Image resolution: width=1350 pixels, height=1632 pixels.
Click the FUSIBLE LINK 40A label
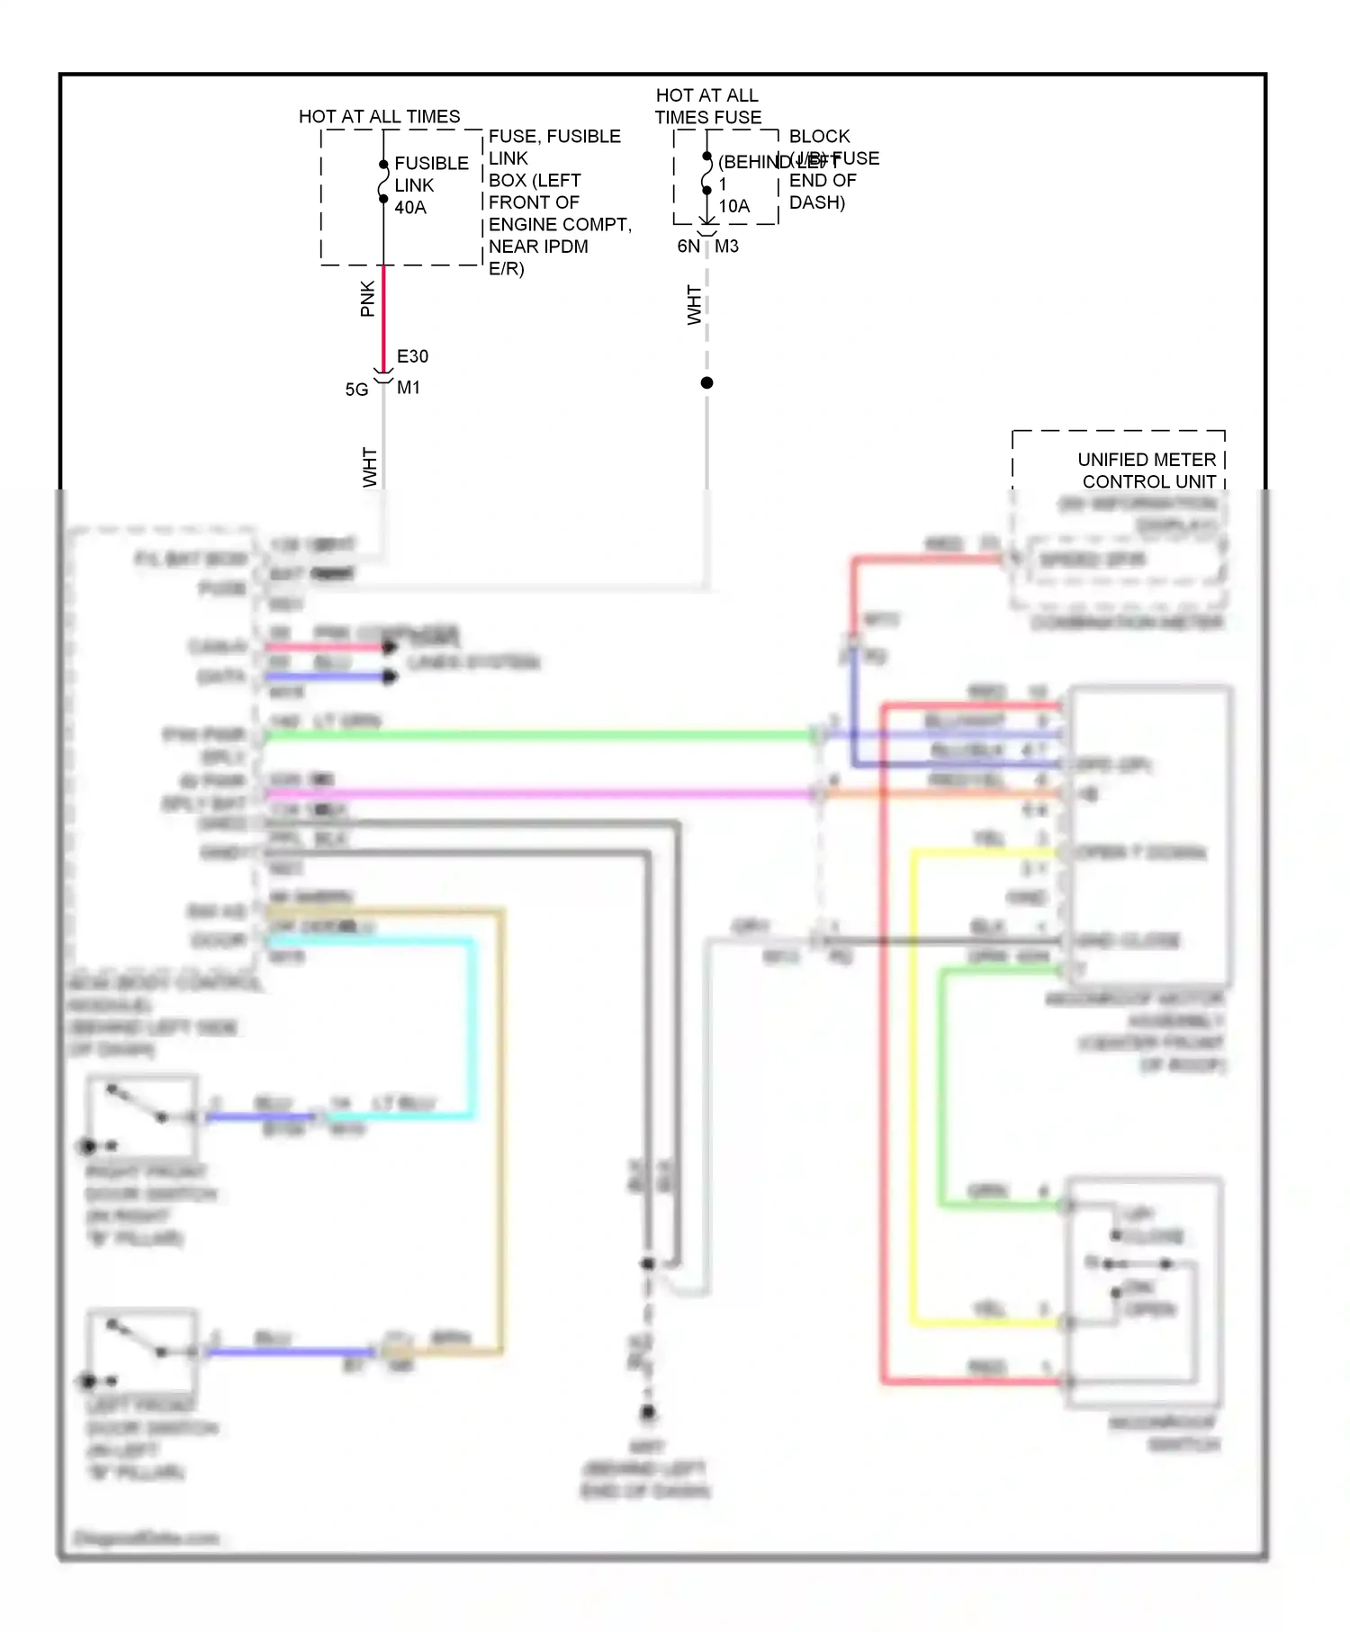pyautogui.click(x=430, y=185)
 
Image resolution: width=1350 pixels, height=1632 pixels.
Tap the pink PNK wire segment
pyautogui.click(x=383, y=315)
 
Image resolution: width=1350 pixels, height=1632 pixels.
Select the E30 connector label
pyautogui.click(x=412, y=356)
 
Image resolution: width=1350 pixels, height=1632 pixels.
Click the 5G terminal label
pyautogui.click(x=356, y=390)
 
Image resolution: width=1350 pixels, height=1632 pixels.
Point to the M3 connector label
pyautogui.click(x=726, y=247)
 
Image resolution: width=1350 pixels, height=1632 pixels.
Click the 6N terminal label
pyautogui.click(x=688, y=247)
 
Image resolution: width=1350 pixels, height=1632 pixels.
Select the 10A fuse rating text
pyautogui.click(x=733, y=206)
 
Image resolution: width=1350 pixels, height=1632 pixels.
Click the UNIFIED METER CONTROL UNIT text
pyautogui.click(x=1147, y=471)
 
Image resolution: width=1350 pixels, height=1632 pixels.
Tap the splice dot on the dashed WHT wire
pyautogui.click(x=706, y=383)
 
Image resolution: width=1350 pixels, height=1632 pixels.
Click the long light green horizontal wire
pyautogui.click(x=540, y=735)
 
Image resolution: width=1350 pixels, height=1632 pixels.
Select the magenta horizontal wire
pyautogui.click(x=540, y=794)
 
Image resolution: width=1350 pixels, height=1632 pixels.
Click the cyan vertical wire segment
pyautogui.click(x=472, y=1026)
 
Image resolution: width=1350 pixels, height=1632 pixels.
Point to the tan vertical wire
pyautogui.click(x=501, y=1125)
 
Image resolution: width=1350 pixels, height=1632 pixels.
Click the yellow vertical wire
pyautogui.click(x=913, y=1080)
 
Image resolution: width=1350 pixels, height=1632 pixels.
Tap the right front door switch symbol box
pyautogui.click(x=142, y=1116)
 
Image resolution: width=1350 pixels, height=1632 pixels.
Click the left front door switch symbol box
pyautogui.click(x=142, y=1350)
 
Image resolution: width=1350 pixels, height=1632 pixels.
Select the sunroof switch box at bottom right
pyautogui.click(x=1143, y=1292)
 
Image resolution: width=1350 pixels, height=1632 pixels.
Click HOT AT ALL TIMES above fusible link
pyautogui.click(x=379, y=117)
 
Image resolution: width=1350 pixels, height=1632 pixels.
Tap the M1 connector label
pyautogui.click(x=409, y=388)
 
